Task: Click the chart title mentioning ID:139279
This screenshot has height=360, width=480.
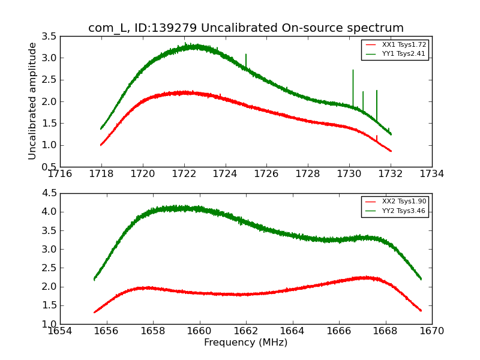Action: pyautogui.click(x=246, y=28)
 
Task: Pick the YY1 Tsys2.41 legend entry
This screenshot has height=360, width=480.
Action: pyautogui.click(x=394, y=53)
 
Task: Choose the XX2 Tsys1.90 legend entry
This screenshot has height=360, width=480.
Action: pyautogui.click(x=394, y=202)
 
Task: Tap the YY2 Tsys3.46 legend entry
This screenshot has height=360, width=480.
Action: pyautogui.click(x=394, y=211)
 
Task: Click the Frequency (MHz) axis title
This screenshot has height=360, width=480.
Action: pyautogui.click(x=245, y=343)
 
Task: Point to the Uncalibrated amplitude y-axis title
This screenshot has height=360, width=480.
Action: pyautogui.click(x=33, y=101)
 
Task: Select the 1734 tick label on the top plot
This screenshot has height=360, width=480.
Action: pyautogui.click(x=431, y=174)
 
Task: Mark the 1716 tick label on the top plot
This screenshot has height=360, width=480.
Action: pyautogui.click(x=60, y=174)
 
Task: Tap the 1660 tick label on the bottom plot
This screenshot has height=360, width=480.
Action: pyautogui.click(x=199, y=331)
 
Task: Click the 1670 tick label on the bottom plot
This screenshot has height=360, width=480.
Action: pyautogui.click(x=431, y=331)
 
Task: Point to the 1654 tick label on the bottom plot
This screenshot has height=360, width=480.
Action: pyautogui.click(x=60, y=331)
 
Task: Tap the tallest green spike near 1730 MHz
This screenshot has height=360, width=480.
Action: pyautogui.click(x=353, y=71)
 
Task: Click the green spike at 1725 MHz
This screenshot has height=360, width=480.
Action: pyautogui.click(x=246, y=55)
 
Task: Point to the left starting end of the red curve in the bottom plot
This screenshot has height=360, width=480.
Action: pyautogui.click(x=95, y=312)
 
